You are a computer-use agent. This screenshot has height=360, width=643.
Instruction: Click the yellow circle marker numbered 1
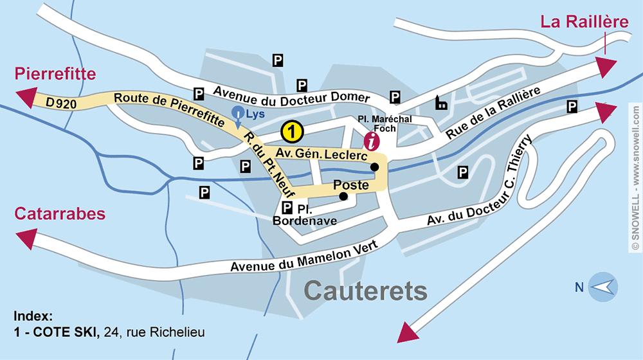click(292, 132)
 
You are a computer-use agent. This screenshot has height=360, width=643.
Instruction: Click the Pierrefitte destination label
click(55, 73)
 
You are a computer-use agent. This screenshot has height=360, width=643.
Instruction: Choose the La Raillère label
click(584, 22)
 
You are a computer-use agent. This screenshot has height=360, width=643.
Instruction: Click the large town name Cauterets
click(365, 291)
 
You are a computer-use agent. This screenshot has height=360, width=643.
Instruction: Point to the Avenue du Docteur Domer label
click(292, 94)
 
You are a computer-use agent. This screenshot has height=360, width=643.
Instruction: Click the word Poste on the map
click(350, 185)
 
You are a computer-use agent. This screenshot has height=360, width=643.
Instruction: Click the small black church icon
click(442, 102)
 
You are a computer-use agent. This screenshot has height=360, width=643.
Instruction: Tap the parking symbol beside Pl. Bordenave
click(287, 208)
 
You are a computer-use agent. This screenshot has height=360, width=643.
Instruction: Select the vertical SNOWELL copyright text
click(635, 180)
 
